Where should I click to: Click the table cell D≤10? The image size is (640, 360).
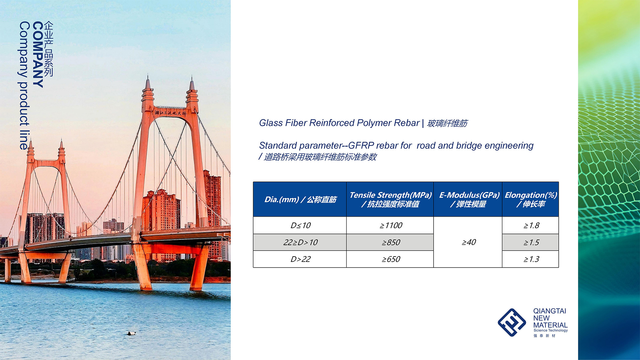[x=300, y=225]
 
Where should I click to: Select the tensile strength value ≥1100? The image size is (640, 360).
[x=390, y=225]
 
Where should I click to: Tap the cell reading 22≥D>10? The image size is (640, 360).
[x=300, y=242]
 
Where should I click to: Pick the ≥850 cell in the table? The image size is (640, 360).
[x=390, y=242]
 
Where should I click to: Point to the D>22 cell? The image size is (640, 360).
[x=300, y=259]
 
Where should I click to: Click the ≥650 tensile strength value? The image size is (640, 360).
[x=390, y=259]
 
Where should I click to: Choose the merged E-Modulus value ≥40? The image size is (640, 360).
[x=468, y=242]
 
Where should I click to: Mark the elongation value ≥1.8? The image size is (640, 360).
[x=531, y=225]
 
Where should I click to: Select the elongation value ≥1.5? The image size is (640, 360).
[x=531, y=242]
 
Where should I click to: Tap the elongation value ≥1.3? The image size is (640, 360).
[x=531, y=259]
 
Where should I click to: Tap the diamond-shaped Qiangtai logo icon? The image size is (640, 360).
[x=512, y=322]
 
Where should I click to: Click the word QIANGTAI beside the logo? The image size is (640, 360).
[x=549, y=311]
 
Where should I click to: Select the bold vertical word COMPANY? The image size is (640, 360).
[x=38, y=54]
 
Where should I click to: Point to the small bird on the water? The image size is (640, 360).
[x=132, y=333]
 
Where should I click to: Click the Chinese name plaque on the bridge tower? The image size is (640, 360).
[x=170, y=113]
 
